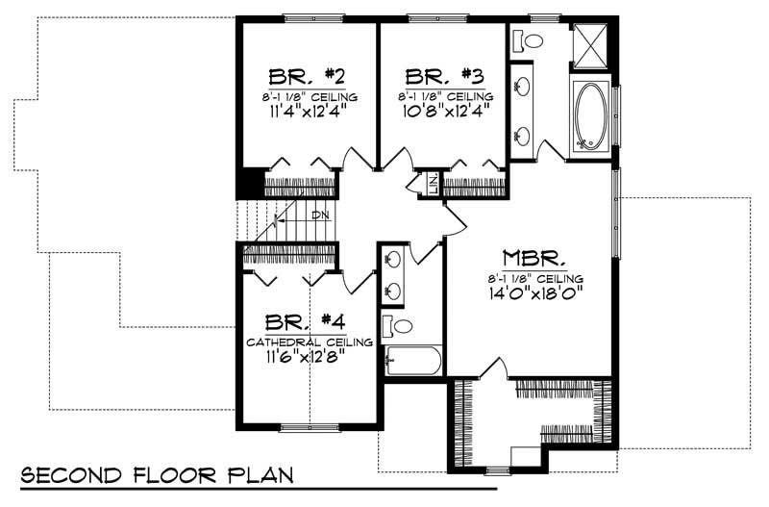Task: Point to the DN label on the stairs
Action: tap(321, 214)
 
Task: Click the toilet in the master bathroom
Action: tap(528, 41)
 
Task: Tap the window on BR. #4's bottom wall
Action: tap(308, 425)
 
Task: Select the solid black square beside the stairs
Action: tap(249, 183)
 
